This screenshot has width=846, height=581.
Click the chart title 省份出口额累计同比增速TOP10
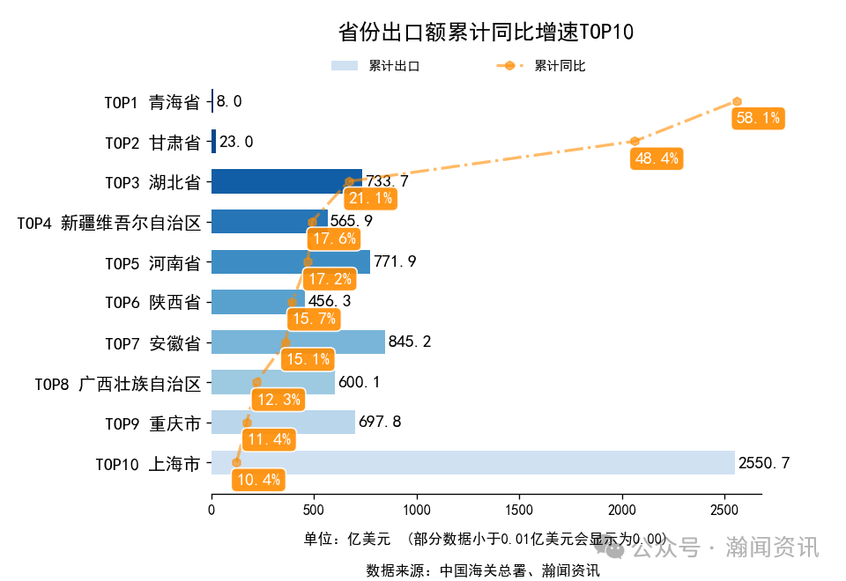[x=486, y=33]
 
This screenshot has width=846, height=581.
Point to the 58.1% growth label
[x=758, y=118]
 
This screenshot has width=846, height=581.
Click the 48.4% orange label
[x=657, y=158]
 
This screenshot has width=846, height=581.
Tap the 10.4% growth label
[x=259, y=480]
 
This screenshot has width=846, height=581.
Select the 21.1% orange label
[x=370, y=198]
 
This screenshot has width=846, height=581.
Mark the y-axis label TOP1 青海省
[x=152, y=102]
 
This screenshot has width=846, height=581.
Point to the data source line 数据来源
[x=483, y=570]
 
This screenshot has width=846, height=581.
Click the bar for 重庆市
[x=283, y=423]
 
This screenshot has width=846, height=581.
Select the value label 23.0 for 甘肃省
[x=236, y=142]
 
